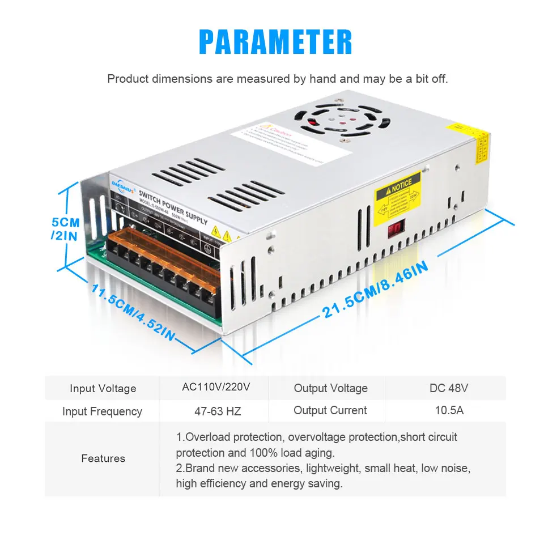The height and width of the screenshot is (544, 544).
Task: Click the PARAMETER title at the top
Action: point(275,42)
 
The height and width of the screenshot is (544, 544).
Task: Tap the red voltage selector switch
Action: point(395,229)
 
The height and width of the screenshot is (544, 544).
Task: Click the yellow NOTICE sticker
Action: point(398,193)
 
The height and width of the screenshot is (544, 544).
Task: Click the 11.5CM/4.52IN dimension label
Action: point(134,312)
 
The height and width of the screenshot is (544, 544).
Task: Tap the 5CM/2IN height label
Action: point(65,228)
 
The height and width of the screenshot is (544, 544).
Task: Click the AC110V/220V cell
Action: point(216,388)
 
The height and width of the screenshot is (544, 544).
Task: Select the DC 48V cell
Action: point(449,388)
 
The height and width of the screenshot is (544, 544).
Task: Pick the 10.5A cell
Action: point(449,410)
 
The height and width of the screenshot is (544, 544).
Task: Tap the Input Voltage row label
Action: point(103,388)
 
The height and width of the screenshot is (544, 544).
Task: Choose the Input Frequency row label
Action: point(102,411)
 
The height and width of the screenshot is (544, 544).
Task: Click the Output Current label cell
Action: point(330,410)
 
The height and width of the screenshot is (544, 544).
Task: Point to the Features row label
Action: point(103,458)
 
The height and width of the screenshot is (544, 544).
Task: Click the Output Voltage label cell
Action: point(330,388)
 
